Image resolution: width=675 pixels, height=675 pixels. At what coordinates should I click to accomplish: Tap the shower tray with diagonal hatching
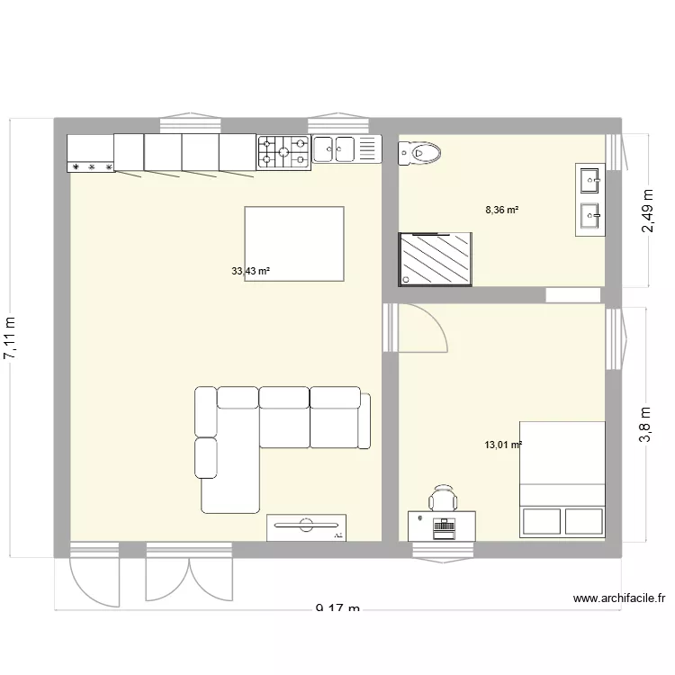point(436,259)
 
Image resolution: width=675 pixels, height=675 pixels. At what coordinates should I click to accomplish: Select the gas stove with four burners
point(284,152)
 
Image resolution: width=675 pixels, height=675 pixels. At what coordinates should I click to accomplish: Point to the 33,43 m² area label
point(251,270)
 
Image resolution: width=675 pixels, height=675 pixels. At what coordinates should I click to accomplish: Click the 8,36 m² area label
point(502,210)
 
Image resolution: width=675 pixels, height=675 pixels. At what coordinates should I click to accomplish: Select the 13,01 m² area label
point(503,445)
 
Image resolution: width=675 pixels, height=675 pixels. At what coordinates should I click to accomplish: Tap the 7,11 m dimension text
point(11,337)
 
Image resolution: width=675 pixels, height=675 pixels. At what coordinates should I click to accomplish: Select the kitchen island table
point(293,244)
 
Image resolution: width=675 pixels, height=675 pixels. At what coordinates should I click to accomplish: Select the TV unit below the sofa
point(306,527)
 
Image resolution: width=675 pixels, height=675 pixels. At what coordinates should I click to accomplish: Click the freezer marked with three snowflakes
point(91,153)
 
